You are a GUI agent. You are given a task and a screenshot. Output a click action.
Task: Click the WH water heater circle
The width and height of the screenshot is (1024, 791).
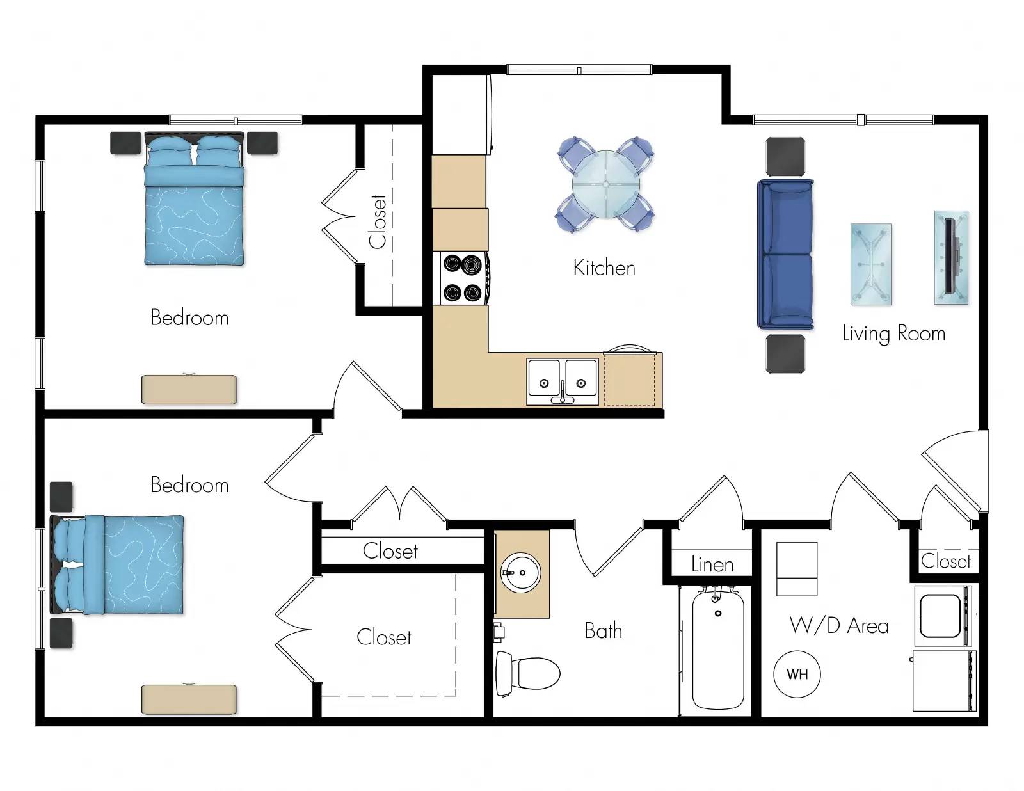pos(797,674)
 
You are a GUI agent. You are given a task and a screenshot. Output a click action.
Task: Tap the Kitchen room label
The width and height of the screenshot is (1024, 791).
pos(604,268)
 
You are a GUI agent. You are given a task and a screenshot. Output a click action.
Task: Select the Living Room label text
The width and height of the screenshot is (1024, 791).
pos(893,333)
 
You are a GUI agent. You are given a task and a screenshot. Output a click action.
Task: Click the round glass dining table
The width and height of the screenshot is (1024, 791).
pos(605,184)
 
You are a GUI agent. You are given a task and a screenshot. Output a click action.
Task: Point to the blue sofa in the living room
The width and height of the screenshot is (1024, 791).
pos(785,254)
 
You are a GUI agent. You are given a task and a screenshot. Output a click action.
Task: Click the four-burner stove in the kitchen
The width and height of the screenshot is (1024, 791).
pos(463,278)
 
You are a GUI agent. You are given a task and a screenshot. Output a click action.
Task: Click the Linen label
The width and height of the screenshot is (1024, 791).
pos(712,564)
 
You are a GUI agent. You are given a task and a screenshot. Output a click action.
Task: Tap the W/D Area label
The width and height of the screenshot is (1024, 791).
pos(838,625)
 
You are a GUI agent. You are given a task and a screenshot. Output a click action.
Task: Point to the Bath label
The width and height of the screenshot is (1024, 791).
pos(603,631)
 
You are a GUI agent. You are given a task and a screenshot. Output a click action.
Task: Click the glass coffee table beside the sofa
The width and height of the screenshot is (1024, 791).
pos(870,264)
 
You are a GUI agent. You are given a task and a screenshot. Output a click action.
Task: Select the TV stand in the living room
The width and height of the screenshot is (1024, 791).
pos(951,257)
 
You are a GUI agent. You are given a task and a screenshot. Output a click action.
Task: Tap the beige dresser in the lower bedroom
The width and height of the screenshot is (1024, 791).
pos(189,699)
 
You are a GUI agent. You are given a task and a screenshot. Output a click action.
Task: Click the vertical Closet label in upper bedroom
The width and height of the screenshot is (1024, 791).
pos(378,221)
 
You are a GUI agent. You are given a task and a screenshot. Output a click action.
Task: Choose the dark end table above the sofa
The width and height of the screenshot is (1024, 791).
pos(785,157)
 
